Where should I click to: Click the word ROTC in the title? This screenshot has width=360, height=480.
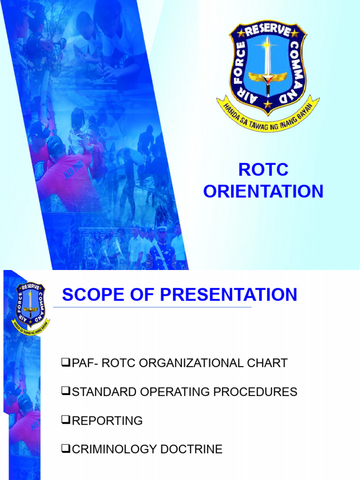(263, 170)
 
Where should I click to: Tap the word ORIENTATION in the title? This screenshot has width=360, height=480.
(263, 191)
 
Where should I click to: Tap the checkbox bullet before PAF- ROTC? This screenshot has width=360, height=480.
(65, 362)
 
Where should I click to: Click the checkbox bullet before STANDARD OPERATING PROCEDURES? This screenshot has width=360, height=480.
(65, 391)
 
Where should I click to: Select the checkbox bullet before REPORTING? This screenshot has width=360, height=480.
(65, 420)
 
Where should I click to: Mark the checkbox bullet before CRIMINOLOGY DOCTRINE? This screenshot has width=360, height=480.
(65, 449)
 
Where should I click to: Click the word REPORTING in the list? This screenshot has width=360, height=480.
(107, 421)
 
